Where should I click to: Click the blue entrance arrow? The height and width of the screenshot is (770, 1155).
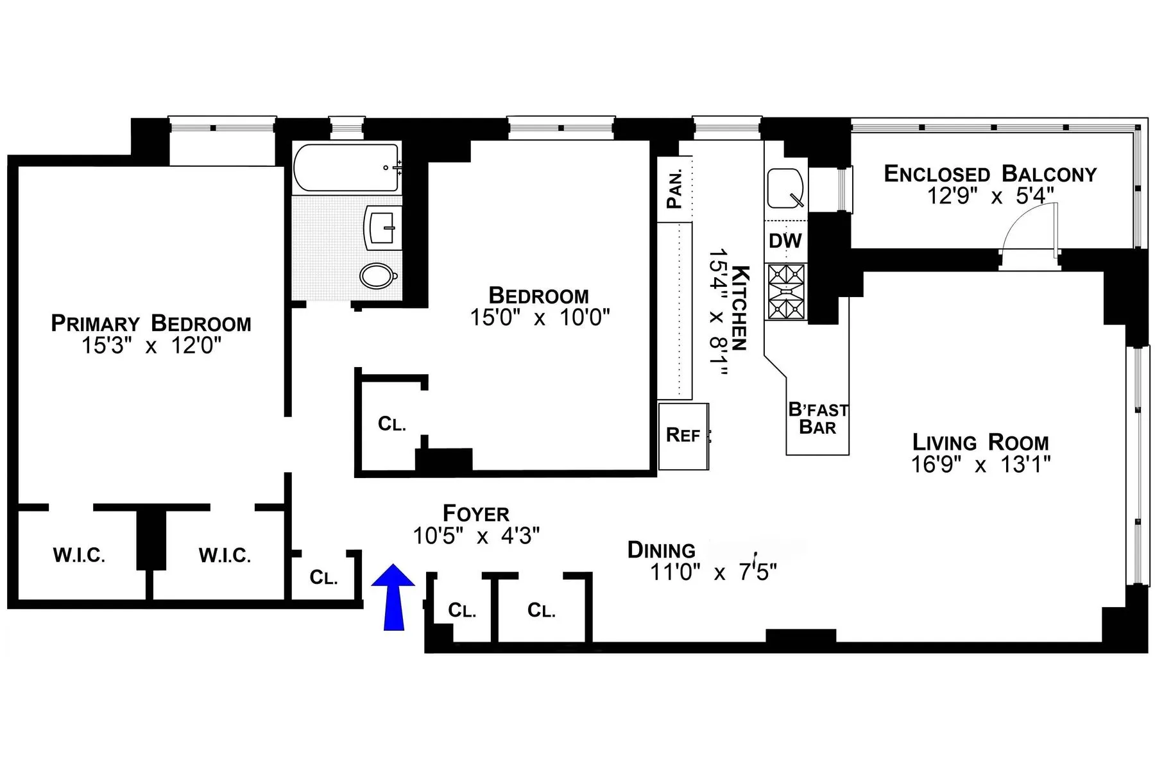[393, 597]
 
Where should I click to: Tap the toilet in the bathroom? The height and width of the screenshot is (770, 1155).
[379, 276]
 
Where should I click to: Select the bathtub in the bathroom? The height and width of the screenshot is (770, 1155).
[346, 167]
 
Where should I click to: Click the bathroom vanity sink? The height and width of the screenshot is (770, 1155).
[383, 227]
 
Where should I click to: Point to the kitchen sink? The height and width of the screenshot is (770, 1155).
[785, 188]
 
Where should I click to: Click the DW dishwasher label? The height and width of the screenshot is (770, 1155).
[785, 241]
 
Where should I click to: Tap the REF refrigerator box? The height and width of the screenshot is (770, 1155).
[683, 436]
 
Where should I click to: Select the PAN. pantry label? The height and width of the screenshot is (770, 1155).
[674, 190]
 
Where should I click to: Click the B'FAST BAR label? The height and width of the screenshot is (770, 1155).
[817, 418]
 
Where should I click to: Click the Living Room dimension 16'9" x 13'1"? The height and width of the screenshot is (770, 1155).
[980, 465]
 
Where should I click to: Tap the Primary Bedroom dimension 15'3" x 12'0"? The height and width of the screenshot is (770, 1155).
[151, 346]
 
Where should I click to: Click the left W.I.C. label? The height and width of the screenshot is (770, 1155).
[79, 555]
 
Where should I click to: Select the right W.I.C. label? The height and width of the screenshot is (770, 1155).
[225, 555]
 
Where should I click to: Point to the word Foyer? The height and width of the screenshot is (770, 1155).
[476, 513]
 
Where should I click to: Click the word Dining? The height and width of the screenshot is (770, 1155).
[661, 551]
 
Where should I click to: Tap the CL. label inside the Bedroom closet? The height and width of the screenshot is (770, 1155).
[391, 424]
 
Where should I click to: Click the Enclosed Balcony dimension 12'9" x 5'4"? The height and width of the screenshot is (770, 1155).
[990, 196]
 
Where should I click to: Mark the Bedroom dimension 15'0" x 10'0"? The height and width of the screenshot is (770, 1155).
[540, 318]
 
